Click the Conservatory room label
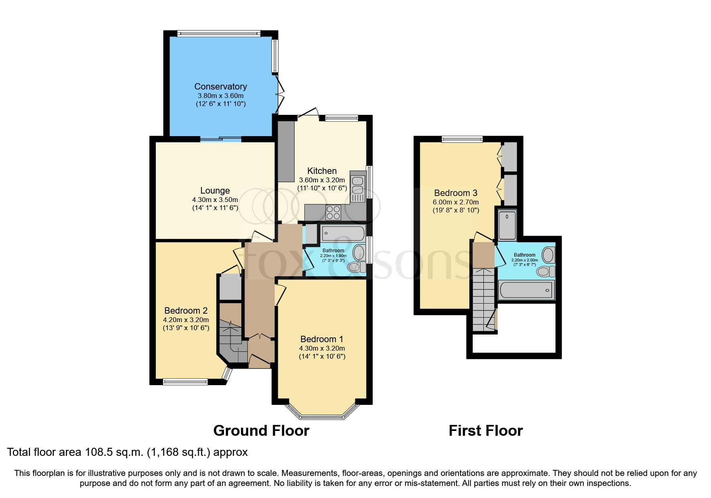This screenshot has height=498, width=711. pos(220,86)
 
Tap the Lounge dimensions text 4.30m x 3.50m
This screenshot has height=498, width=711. pos(215,200)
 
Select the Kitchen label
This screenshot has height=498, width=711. pos(322,171)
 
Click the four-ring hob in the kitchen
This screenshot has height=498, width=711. pos(333,212)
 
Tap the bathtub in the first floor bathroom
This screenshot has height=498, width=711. pos(525,290)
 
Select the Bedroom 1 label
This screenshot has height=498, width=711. pos(322,339)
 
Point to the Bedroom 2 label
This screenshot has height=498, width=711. pos(186,310)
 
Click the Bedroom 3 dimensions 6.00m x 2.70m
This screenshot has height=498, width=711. pos(456,202)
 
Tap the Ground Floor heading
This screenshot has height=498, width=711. pos(261,431)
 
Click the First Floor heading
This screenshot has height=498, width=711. pos(485,431)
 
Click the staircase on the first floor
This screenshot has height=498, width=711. pos(483,299)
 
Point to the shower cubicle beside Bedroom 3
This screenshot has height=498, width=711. pos(507,225)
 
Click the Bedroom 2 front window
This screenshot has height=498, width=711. pos(185,382)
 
